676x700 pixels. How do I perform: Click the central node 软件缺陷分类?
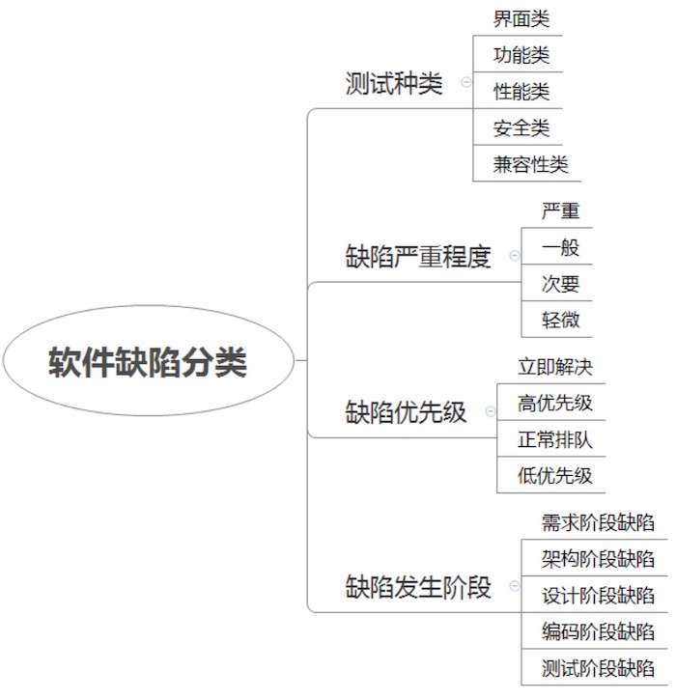(148, 361)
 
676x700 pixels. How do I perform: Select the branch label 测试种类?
(394, 83)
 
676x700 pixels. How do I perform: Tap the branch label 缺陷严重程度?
(418, 256)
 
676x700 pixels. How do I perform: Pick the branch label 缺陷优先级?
(406, 411)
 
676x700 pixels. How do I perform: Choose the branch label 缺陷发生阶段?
(418, 586)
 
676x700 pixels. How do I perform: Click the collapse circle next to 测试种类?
(465, 82)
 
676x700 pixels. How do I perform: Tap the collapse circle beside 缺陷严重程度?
(515, 255)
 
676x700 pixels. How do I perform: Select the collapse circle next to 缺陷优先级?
(491, 411)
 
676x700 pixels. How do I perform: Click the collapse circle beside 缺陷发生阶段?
(515, 586)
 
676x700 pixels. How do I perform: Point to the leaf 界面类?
(521, 18)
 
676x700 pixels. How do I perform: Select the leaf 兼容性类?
(530, 164)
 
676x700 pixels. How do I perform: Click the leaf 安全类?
(521, 128)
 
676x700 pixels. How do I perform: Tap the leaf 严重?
(560, 211)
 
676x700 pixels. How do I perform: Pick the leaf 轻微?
(560, 321)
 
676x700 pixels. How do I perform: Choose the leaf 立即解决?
(555, 367)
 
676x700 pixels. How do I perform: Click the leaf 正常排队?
(555, 439)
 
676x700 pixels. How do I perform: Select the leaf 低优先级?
(555, 476)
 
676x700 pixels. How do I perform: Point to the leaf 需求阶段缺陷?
(599, 522)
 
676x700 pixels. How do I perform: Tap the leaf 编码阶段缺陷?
(599, 631)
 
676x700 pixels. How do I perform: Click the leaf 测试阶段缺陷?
(599, 668)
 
